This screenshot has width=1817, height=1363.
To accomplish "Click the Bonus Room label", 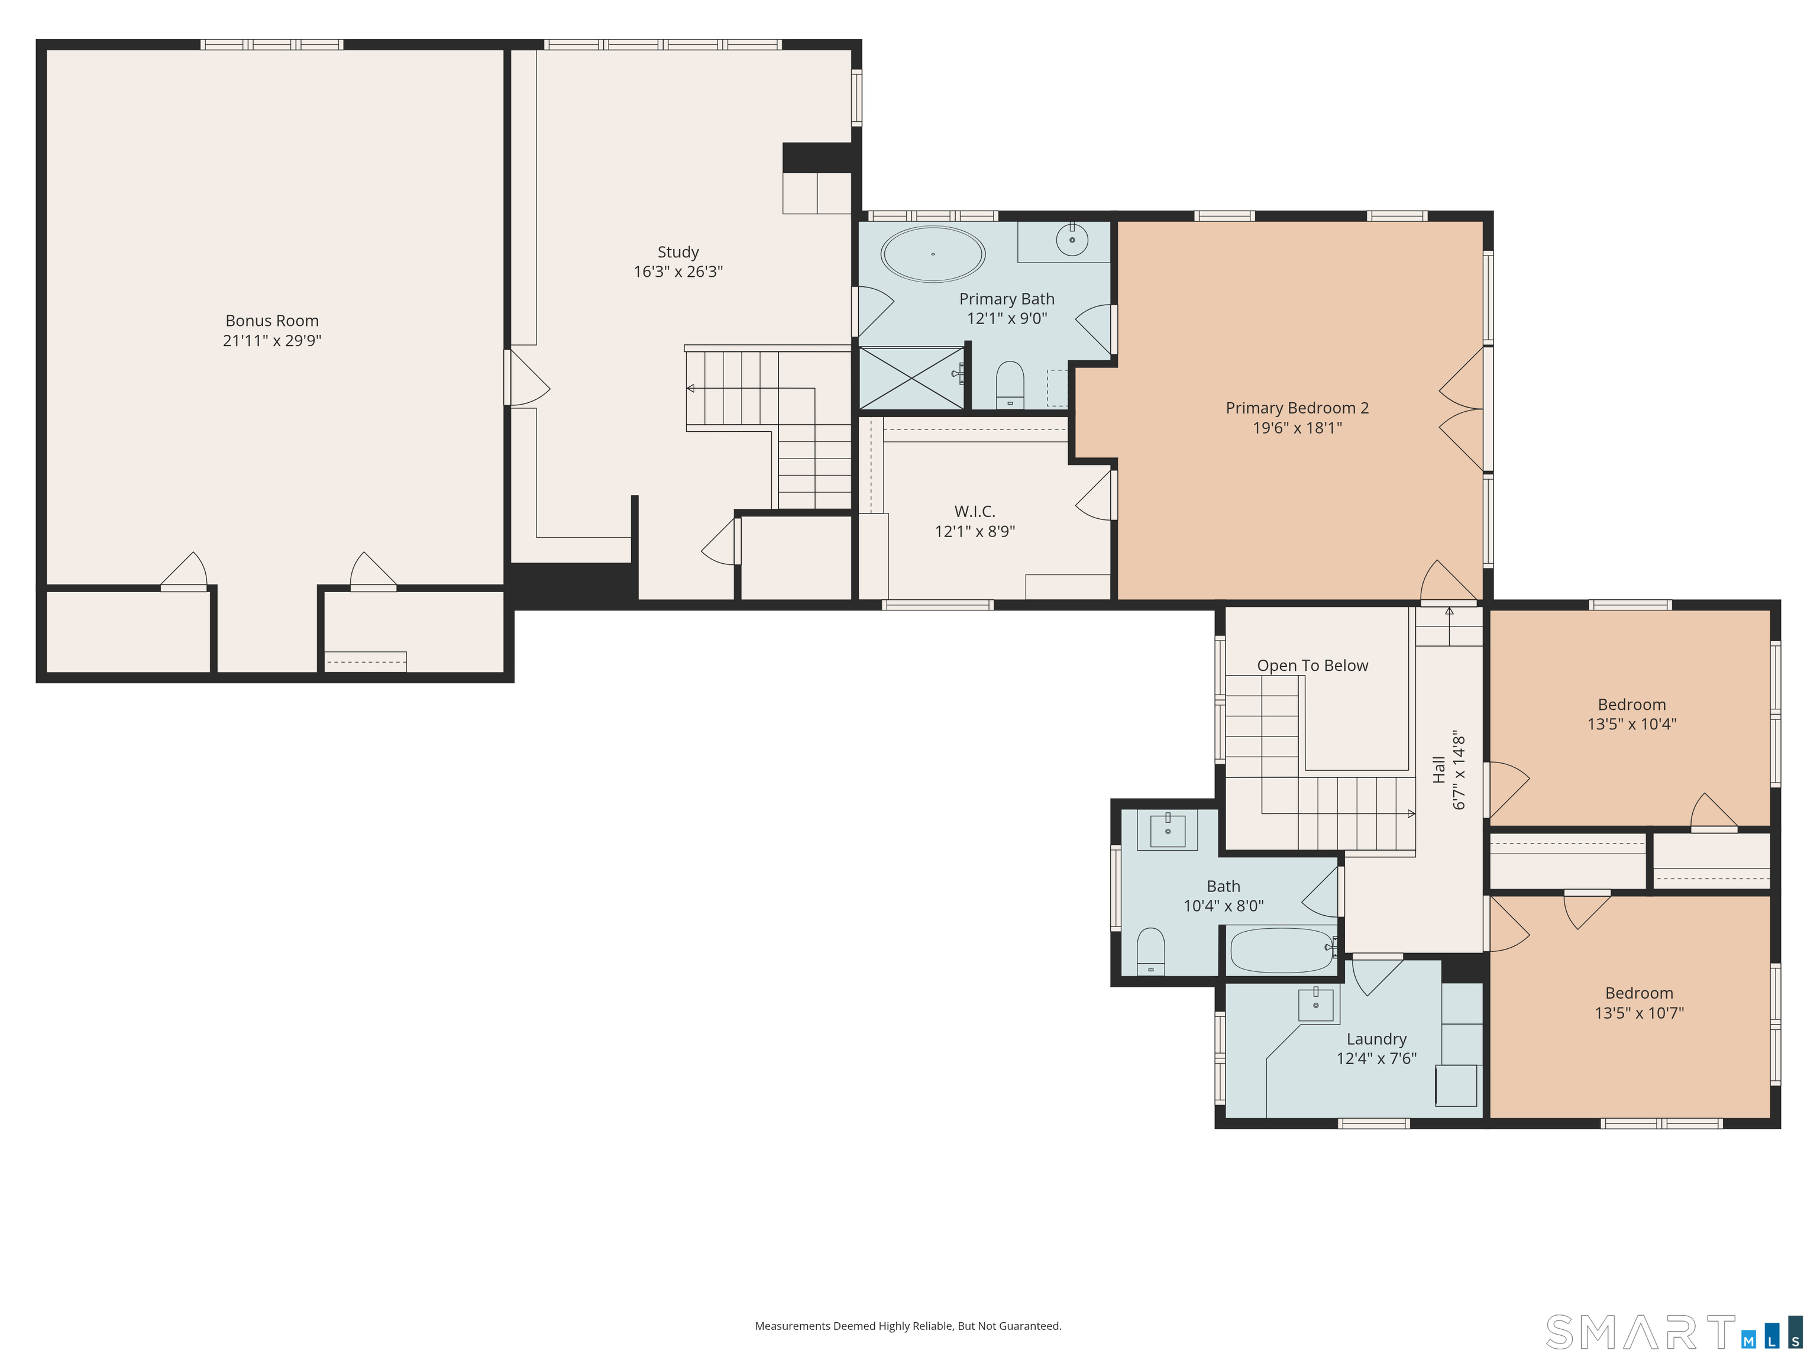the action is click(x=272, y=321).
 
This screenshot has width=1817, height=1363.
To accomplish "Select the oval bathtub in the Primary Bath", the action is click(x=933, y=254).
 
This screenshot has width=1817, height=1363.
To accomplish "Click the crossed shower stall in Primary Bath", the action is click(x=911, y=378).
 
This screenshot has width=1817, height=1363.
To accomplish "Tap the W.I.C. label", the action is click(x=975, y=512).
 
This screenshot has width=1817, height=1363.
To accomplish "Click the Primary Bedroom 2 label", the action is click(x=1297, y=408).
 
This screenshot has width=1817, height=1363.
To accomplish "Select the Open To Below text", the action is click(x=1312, y=666).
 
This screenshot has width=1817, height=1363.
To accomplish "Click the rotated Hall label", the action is click(x=1438, y=770).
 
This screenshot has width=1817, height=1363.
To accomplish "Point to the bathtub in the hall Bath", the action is click(x=1282, y=951).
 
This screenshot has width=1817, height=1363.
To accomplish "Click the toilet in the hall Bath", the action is click(x=1151, y=951).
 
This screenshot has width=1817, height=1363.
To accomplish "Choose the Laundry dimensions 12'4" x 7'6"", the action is click(x=1377, y=1058).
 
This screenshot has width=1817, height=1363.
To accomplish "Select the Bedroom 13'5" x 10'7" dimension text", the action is click(x=1640, y=1013).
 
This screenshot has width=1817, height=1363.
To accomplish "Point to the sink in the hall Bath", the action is click(x=1167, y=831).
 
